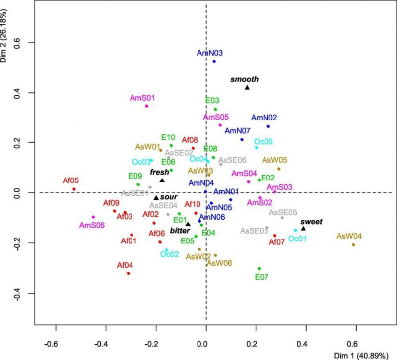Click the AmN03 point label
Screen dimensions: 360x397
209,53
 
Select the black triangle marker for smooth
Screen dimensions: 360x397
247,88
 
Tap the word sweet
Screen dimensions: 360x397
312,222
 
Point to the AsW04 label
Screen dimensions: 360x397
349,236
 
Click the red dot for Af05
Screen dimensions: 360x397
74,189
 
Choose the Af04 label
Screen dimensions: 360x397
126,265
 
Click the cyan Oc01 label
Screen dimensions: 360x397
297,239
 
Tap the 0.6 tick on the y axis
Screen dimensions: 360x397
22,43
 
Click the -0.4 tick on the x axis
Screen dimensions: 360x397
102,343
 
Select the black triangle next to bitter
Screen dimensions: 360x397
188,224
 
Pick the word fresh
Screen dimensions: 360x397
160,172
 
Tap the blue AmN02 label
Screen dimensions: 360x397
264,118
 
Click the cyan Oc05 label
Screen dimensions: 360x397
264,141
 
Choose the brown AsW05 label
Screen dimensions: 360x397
274,160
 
